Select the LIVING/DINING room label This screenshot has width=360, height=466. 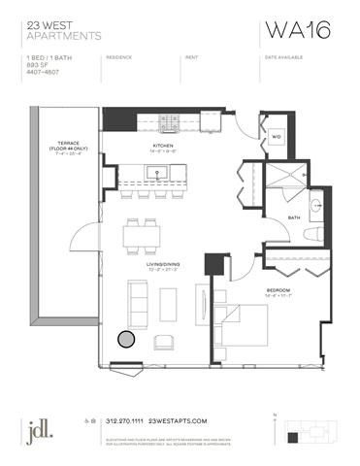point(153,263)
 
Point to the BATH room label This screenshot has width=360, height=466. point(293,217)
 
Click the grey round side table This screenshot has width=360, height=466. point(126,339)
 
